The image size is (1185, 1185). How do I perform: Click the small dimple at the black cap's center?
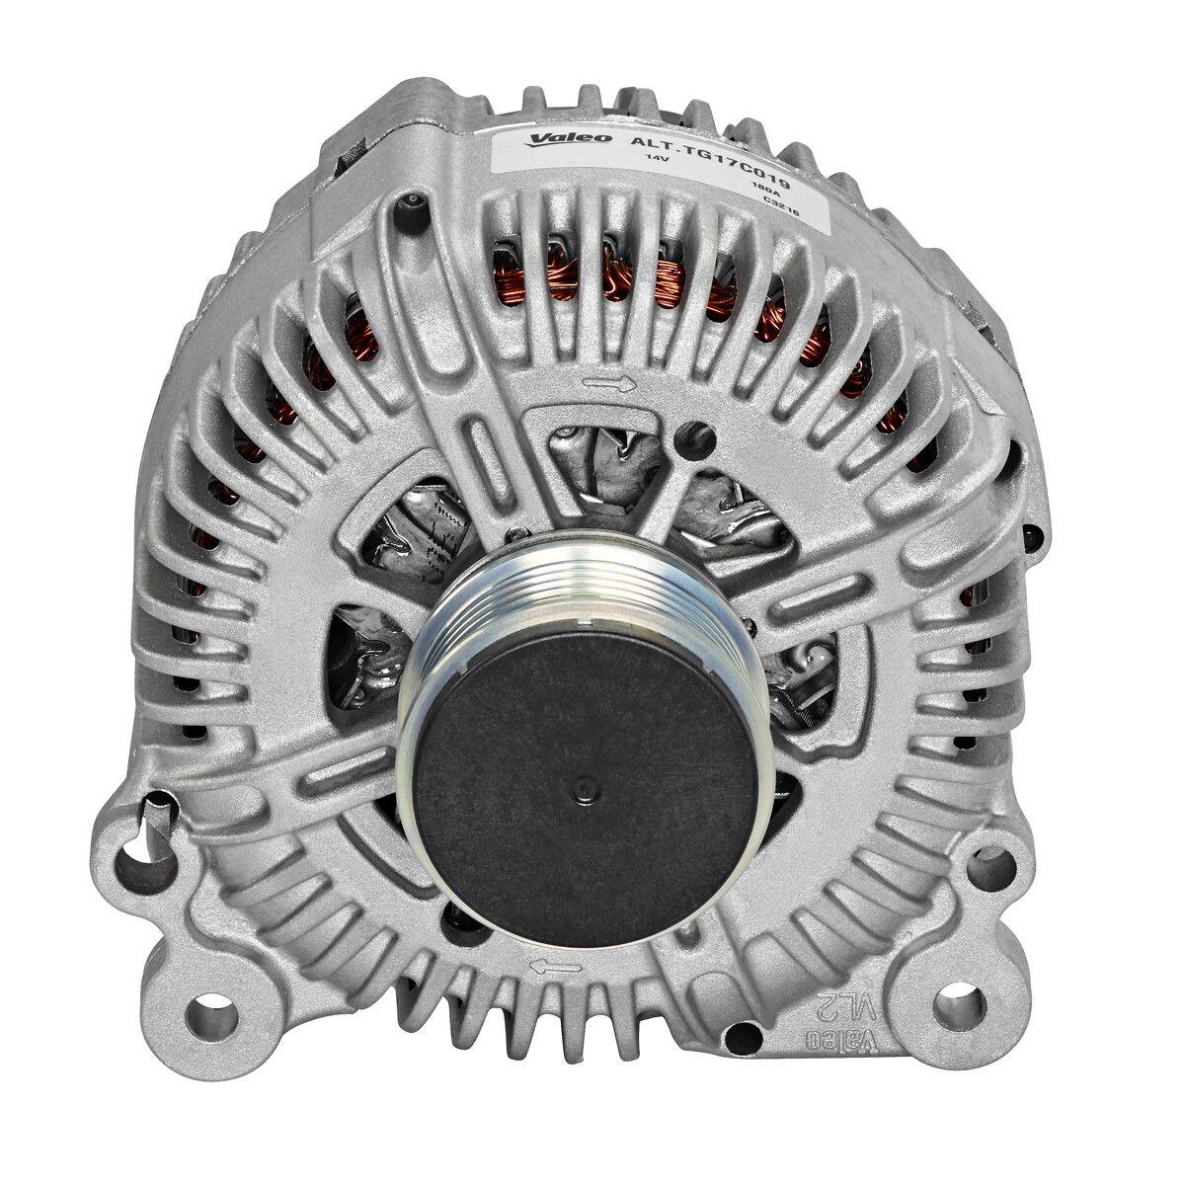[582, 789]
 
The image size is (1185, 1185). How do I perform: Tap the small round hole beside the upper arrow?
[702, 432]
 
